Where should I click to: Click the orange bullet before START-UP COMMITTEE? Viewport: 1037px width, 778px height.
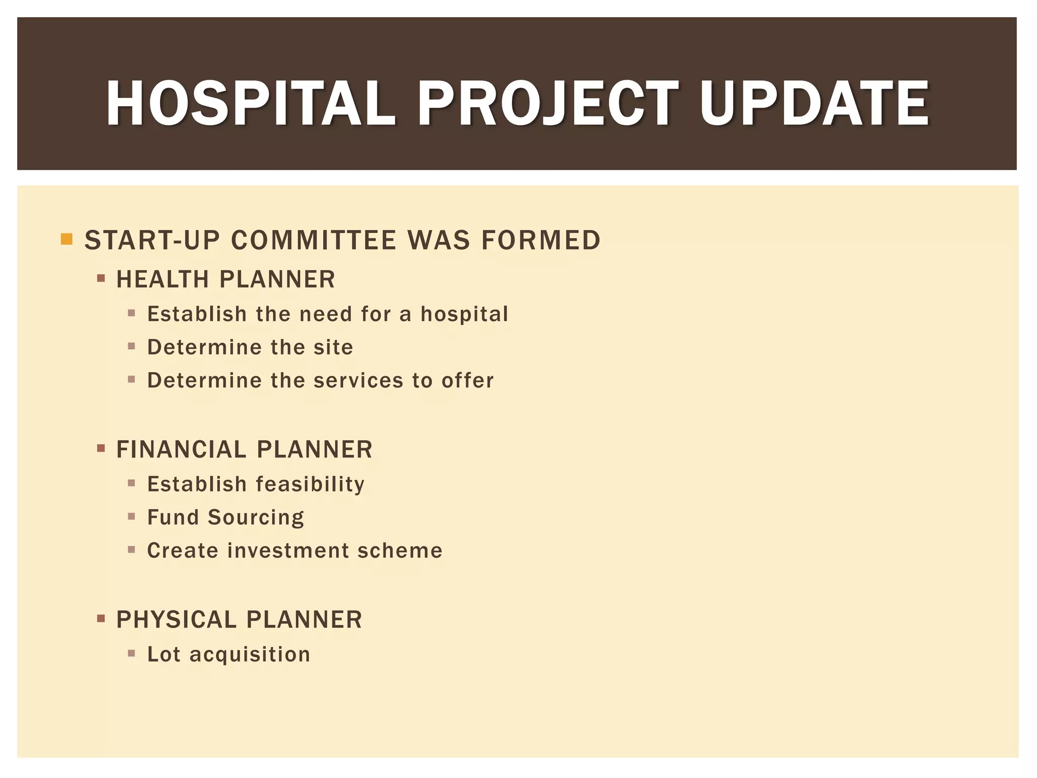(x=66, y=239)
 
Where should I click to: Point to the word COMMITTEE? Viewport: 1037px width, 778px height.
(x=314, y=240)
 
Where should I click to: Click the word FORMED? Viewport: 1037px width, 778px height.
(x=541, y=240)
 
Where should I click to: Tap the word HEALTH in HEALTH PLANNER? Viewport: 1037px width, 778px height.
(x=163, y=280)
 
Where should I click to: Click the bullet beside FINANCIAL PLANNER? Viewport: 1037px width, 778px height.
(x=101, y=448)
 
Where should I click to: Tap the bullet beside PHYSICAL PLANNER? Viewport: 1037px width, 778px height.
(x=101, y=618)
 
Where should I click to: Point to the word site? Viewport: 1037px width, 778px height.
(x=333, y=347)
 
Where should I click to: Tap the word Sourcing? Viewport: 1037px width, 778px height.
(x=256, y=518)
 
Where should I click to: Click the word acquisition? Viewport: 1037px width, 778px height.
(x=250, y=655)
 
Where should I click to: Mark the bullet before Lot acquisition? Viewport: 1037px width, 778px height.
(x=132, y=654)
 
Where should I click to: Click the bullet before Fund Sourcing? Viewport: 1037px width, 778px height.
(x=132, y=517)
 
